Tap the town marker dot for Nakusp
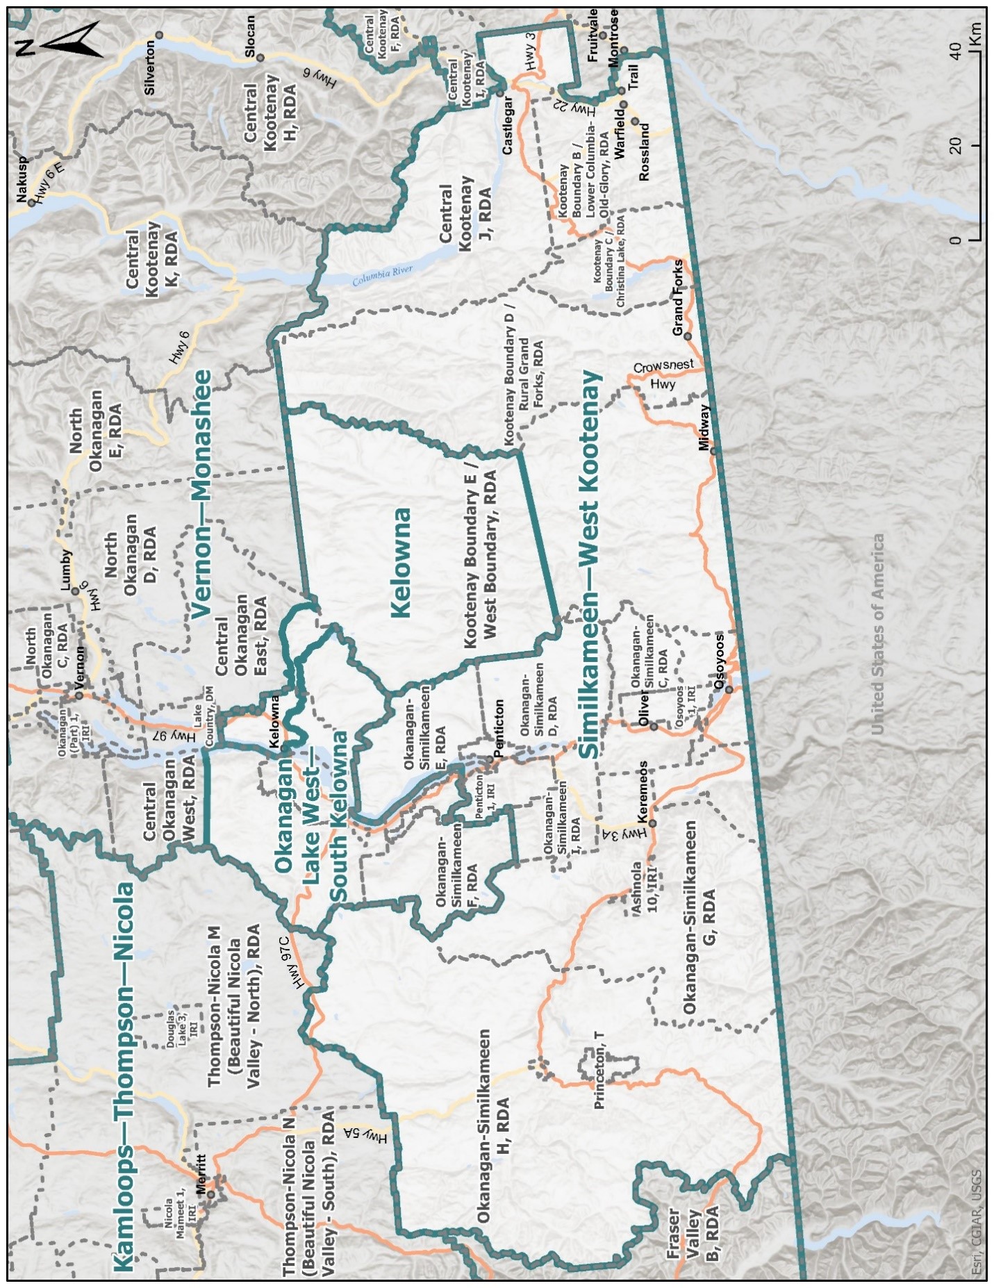click(31, 204)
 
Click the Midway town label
click(706, 428)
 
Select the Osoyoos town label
click(720, 661)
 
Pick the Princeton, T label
click(600, 1069)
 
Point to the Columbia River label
click(383, 276)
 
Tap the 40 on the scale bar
click(956, 51)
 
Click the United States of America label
click(877, 634)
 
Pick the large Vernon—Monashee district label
click(201, 493)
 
